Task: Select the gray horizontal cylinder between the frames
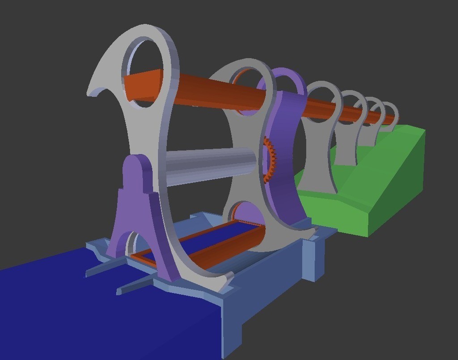(x=210, y=165)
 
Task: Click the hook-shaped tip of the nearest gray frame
(x=96, y=89)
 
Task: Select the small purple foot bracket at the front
(x=134, y=210)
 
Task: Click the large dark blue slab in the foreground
(x=89, y=313)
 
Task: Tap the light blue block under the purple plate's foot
(x=313, y=259)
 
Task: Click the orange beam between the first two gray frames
(x=206, y=94)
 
